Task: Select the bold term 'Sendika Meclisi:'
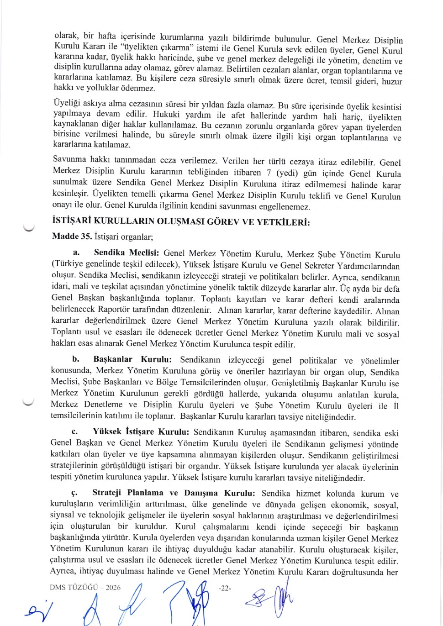point(126,253)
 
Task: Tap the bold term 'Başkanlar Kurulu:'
point(132,359)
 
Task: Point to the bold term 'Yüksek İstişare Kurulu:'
point(141,431)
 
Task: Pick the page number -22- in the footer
point(225,588)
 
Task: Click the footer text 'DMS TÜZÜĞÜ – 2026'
point(85,588)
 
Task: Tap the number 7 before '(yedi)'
point(269,173)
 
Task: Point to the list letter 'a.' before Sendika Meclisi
point(76,252)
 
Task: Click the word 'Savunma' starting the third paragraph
point(69,159)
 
